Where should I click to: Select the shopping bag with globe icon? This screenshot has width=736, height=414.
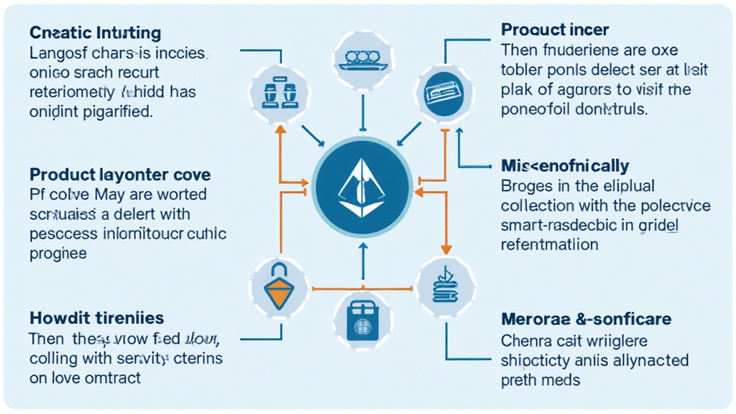click(x=359, y=317)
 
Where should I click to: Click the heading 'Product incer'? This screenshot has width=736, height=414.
click(x=555, y=30)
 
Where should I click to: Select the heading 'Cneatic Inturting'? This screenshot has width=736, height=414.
click(x=95, y=33)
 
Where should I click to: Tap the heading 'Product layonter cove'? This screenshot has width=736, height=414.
click(x=120, y=175)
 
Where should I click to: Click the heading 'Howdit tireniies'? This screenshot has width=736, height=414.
click(x=96, y=317)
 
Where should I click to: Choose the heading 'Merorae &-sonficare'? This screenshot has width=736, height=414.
click(x=586, y=319)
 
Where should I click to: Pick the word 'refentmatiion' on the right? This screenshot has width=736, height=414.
click(x=549, y=244)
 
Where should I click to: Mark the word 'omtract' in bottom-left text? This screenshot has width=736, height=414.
click(x=116, y=377)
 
